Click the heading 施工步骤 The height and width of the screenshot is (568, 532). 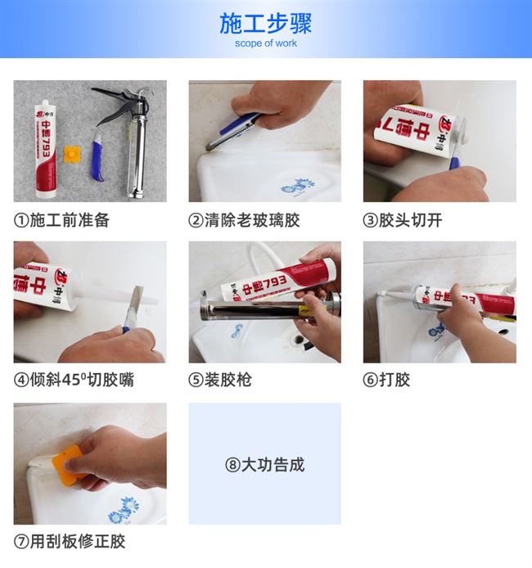point(266,22)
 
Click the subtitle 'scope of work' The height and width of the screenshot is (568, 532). point(266,43)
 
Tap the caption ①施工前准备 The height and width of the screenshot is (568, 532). point(61,220)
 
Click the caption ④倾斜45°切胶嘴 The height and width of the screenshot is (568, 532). point(74,380)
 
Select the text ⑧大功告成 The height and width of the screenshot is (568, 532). point(264,465)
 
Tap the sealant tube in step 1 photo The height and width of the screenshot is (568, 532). point(43,147)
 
